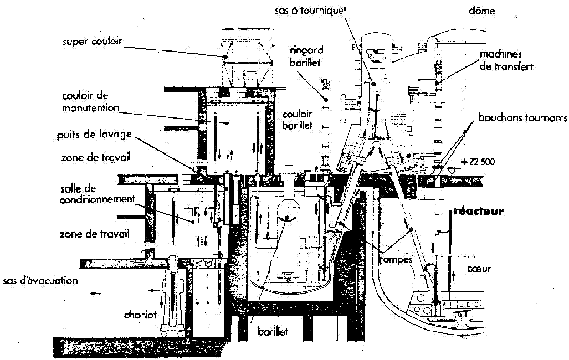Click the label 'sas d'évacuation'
[x=40, y=281]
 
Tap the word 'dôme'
[x=481, y=11]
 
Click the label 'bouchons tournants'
[x=523, y=118]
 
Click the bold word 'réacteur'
[x=478, y=212]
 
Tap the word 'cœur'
[x=480, y=269]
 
